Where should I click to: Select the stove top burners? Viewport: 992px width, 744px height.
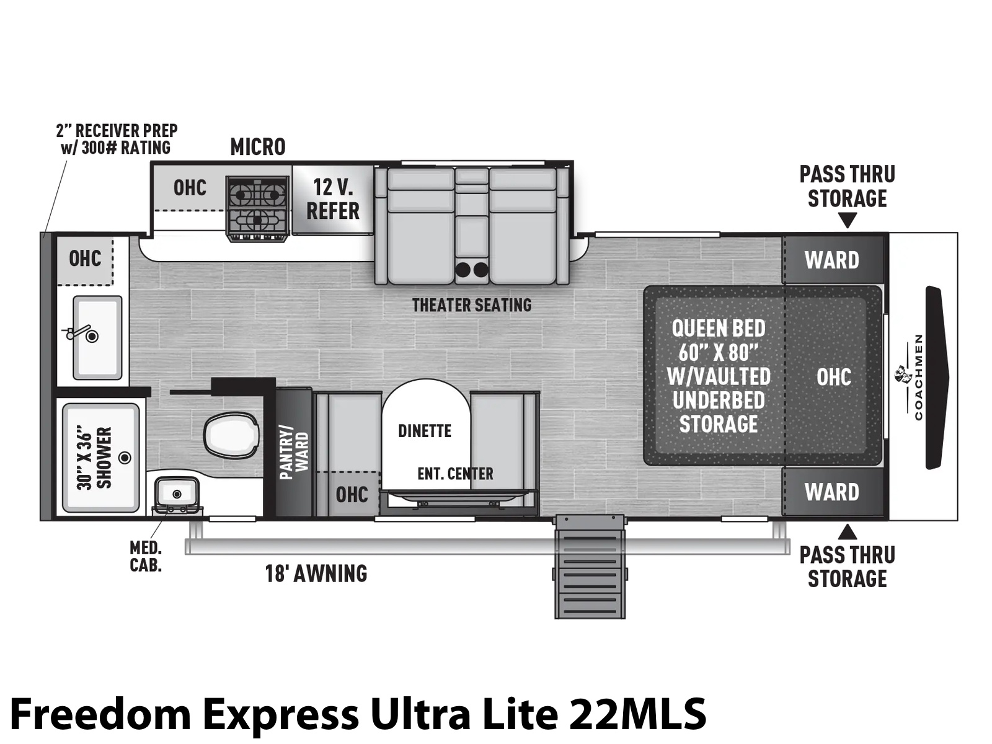(x=258, y=208)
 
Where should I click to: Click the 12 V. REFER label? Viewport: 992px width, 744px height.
(x=333, y=199)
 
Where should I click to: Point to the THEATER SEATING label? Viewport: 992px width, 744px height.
(x=472, y=306)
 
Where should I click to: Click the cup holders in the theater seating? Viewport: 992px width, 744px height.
(x=471, y=270)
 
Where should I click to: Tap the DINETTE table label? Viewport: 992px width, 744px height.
(x=424, y=431)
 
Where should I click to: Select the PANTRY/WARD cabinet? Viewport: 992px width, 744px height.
(x=294, y=452)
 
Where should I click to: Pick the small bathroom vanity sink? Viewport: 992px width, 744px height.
(x=177, y=494)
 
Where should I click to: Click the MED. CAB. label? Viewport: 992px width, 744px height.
(x=146, y=557)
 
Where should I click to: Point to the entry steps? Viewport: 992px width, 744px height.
(x=590, y=567)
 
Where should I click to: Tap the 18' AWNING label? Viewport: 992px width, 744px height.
(x=316, y=573)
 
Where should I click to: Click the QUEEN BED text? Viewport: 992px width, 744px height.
(x=719, y=329)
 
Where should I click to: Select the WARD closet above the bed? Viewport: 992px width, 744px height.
(x=833, y=259)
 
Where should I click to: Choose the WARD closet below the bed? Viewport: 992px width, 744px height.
(x=833, y=492)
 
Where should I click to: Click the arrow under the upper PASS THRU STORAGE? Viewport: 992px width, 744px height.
(x=848, y=221)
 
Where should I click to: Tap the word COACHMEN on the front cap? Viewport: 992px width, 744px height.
(x=918, y=377)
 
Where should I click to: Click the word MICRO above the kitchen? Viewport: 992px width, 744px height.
(x=258, y=147)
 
